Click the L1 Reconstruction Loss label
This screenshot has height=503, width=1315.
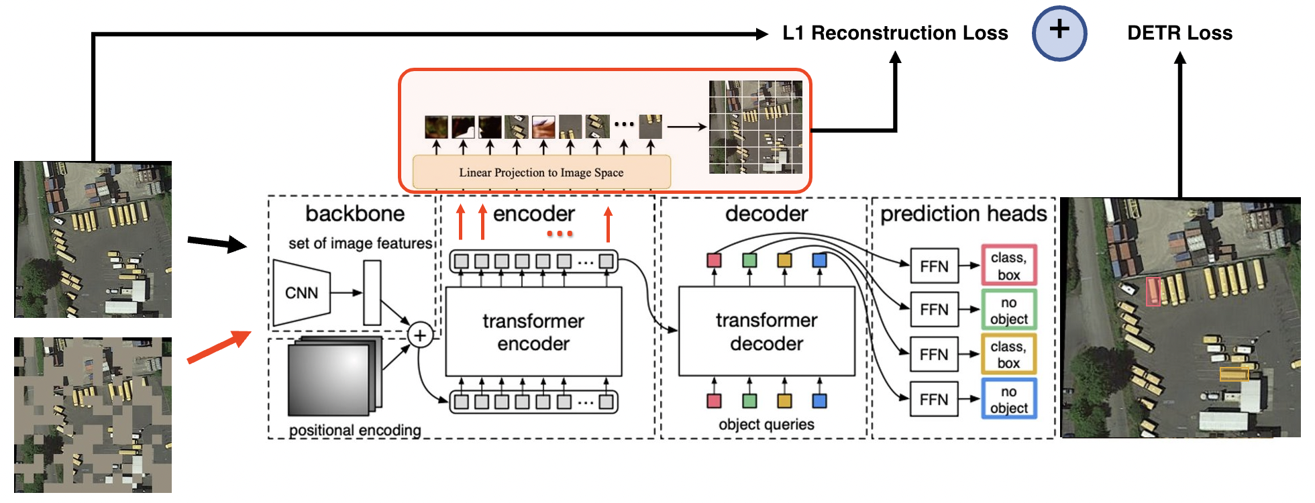894,33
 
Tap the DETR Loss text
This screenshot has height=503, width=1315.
1179,33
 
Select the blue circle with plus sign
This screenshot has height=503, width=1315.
1059,33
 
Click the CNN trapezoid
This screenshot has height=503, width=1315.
302,293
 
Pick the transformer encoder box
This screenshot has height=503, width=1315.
533,332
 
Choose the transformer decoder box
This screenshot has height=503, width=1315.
766,332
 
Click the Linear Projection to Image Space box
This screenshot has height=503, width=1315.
541,172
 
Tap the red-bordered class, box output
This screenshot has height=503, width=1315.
1008,266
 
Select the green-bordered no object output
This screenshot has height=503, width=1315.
1008,311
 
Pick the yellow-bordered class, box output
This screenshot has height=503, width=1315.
1008,355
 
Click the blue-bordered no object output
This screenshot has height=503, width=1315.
1008,400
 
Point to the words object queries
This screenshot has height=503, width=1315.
766,425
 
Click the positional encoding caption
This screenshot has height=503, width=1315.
355,430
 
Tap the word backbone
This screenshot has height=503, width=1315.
355,214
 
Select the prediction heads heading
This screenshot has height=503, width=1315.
963,214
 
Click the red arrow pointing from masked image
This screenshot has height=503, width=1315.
218,347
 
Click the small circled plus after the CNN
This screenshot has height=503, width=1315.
420,335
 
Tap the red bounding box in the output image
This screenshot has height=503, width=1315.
1153,292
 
